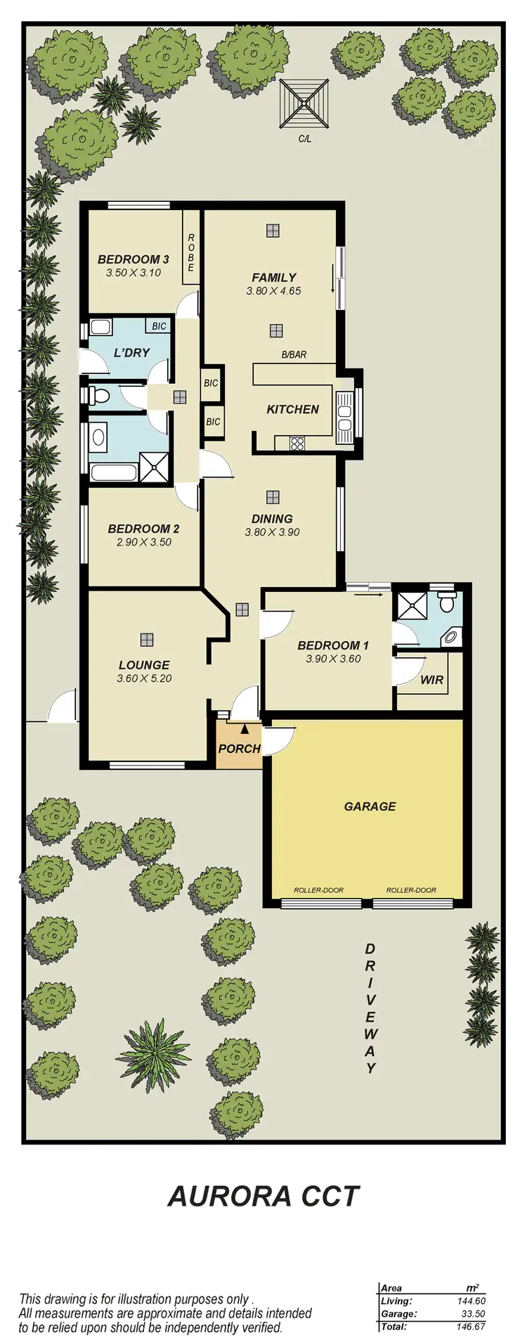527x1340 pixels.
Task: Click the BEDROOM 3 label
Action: click(x=134, y=259)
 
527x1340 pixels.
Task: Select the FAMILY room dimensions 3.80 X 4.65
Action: click(x=273, y=290)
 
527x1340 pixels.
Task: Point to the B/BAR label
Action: click(x=294, y=355)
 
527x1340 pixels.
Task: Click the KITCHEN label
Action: click(x=293, y=409)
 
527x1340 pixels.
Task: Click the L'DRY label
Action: click(x=132, y=352)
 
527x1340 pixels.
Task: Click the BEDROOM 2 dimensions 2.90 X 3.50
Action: click(x=143, y=542)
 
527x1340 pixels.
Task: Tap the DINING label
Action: click(x=272, y=519)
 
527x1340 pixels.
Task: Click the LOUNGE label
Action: click(x=144, y=664)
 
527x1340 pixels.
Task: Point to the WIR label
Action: click(x=431, y=680)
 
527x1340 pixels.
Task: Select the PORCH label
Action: click(x=239, y=749)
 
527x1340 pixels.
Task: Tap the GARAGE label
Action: click(x=370, y=806)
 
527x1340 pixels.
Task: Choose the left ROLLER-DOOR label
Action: click(x=319, y=890)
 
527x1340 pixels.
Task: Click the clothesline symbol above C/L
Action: click(x=305, y=104)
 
